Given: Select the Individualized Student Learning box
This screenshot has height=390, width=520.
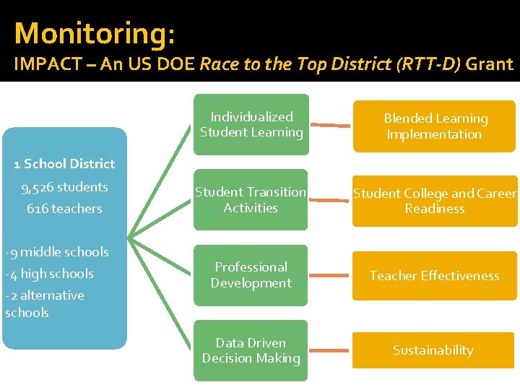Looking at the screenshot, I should click(x=251, y=124).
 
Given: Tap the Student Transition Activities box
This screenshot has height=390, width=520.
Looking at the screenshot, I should click(x=251, y=199).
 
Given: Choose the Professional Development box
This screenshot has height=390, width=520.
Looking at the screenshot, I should click(x=251, y=274).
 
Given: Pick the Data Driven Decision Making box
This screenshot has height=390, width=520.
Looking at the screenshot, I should click(x=251, y=350).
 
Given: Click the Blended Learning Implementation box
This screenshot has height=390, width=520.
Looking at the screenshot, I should click(x=435, y=126).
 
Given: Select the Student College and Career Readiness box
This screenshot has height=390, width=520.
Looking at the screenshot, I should click(x=435, y=201).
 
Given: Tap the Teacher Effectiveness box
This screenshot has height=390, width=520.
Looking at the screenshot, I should click(x=435, y=275).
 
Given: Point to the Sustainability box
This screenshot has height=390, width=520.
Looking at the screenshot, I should click(x=433, y=350).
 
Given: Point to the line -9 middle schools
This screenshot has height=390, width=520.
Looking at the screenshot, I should click(x=57, y=252).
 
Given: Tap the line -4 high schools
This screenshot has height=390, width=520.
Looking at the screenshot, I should click(x=49, y=274).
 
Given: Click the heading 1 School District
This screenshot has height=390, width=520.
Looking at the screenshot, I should click(x=64, y=164).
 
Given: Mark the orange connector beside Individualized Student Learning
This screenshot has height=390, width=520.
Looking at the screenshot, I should click(x=334, y=125).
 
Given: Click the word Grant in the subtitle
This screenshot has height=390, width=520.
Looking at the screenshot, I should click(x=489, y=64).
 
